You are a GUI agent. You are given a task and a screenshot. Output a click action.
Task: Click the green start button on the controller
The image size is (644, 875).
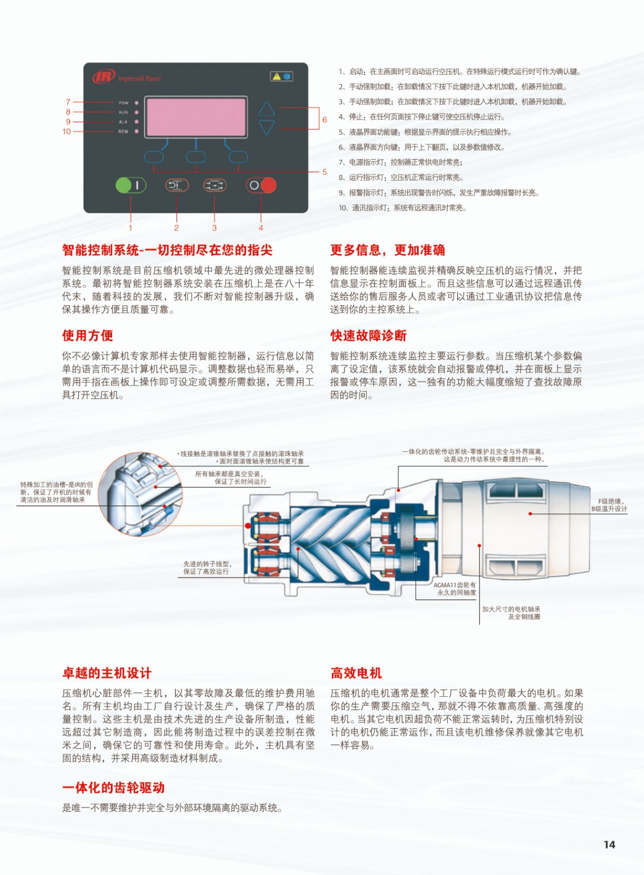tap(130, 185)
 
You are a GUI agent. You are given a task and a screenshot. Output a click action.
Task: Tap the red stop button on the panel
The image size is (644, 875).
tap(261, 185)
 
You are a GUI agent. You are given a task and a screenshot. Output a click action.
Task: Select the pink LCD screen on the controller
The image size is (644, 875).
tap(196, 116)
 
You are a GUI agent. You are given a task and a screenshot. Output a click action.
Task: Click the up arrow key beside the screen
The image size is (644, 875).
tap(266, 109)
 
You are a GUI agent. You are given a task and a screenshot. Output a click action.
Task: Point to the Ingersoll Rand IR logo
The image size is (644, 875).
tap(103, 77)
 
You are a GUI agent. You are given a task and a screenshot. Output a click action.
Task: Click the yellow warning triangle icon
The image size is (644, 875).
tap(277, 76)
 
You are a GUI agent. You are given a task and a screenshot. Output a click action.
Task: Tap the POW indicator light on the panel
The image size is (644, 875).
tap(136, 102)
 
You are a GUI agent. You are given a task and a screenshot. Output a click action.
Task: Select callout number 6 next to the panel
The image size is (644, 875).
tap(325, 120)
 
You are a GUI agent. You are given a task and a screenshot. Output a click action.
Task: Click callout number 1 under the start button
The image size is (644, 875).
tap(130, 227)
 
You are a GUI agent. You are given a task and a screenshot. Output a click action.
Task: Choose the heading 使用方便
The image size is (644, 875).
tap(87, 335)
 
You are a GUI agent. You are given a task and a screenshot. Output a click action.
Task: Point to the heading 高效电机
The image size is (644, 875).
tap(356, 673)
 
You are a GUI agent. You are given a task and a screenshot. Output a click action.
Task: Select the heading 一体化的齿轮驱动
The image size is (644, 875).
tap(113, 787)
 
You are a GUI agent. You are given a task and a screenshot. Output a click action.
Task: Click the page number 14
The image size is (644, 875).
tap(609, 844)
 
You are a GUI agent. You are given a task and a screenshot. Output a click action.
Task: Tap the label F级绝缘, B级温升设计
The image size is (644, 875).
tap(609, 505)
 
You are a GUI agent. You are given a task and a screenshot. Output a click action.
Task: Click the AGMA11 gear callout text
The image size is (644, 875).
tap(455, 588)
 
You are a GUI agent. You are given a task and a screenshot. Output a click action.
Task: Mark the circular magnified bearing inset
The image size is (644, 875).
tap(140, 493)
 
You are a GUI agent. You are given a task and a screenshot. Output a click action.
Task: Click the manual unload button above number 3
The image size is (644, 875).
tap(214, 185)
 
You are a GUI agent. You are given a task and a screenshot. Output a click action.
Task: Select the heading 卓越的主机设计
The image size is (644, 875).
tap(107, 673)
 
